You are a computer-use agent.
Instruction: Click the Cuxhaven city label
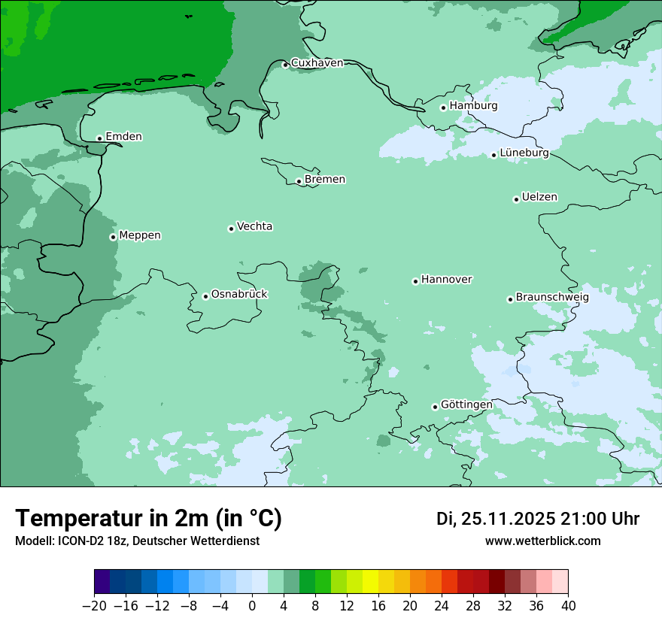(x=317, y=63)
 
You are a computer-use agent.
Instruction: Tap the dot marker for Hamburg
(x=443, y=108)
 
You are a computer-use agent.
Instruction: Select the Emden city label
(x=123, y=137)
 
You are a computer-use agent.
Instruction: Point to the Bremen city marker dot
(x=299, y=181)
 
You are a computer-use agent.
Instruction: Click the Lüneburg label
(x=524, y=153)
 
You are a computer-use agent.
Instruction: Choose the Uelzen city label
(x=539, y=198)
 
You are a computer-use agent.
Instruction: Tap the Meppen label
(x=140, y=235)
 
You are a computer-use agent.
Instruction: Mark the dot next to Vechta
(x=231, y=229)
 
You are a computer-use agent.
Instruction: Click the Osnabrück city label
(x=239, y=295)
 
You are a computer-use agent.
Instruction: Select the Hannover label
(x=446, y=280)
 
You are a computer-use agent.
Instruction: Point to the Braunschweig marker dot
(x=510, y=299)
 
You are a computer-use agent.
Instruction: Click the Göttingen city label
(x=466, y=405)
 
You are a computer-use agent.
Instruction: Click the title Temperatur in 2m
(x=148, y=519)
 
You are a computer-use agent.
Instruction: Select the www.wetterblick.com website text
(x=542, y=541)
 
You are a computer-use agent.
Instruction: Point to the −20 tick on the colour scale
(x=95, y=606)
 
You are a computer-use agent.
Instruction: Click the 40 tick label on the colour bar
(x=568, y=606)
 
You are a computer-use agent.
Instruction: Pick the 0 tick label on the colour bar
(x=252, y=606)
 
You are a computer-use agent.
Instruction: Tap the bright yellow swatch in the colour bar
(x=370, y=582)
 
